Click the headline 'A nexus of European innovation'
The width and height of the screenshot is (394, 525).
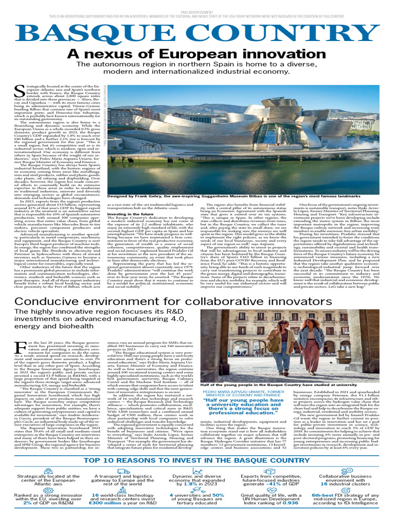pyautogui.click(x=197, y=55)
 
